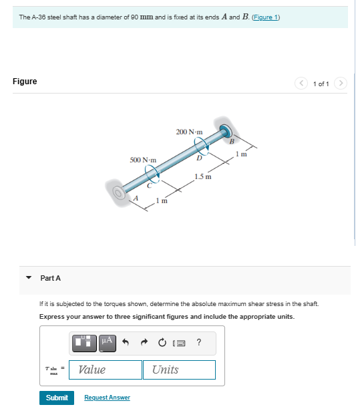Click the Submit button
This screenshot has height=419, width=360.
(x=57, y=398)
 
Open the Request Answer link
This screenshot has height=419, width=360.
(x=107, y=398)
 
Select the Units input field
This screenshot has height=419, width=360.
(x=179, y=370)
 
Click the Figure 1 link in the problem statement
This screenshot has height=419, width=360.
(x=265, y=17)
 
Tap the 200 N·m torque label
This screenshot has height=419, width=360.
(x=190, y=132)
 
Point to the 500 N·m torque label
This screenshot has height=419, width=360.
(x=143, y=160)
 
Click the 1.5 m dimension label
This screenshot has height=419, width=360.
(x=203, y=177)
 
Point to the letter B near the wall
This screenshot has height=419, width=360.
(x=232, y=141)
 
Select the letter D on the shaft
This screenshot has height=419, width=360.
(x=198, y=158)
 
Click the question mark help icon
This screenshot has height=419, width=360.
(x=199, y=343)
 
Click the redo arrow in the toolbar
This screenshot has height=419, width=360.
(x=143, y=343)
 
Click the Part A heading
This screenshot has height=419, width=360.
(x=50, y=278)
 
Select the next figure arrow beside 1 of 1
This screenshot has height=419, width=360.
(x=341, y=84)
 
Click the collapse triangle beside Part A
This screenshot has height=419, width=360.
(x=29, y=278)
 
